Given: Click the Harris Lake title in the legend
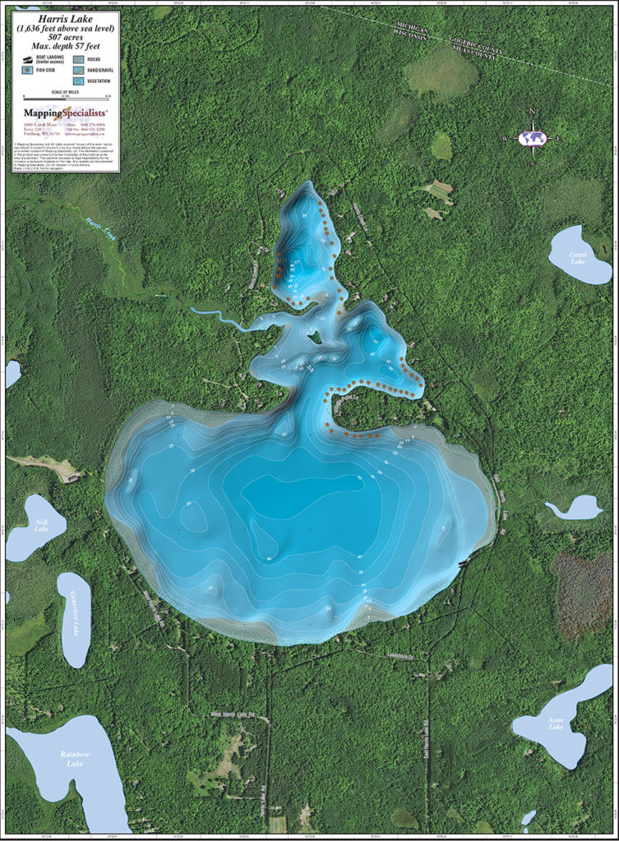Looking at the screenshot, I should click(63, 21).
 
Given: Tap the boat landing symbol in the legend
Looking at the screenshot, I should click(27, 59).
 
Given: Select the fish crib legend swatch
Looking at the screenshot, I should click(27, 71).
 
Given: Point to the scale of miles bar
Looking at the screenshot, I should click(64, 98).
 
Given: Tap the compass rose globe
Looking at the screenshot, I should click(533, 138).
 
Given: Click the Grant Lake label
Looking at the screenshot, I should click(579, 257).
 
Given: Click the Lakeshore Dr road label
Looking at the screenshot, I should click(404, 655).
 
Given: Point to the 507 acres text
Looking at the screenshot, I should click(63, 37).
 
